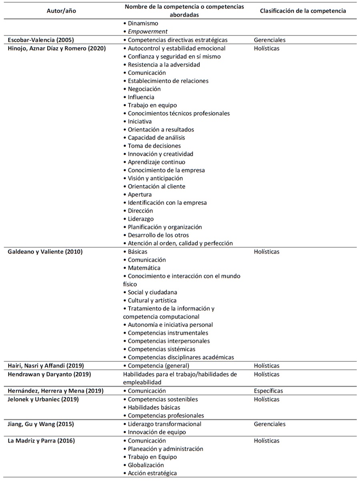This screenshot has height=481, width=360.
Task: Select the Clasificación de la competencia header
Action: tap(303, 11)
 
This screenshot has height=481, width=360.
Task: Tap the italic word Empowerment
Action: tap(147, 32)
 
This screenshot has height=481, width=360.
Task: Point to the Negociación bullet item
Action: tap(144, 89)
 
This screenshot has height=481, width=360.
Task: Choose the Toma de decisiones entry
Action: tap(154, 146)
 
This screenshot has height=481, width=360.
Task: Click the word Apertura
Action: tap(140, 194)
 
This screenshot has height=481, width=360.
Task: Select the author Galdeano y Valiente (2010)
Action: tap(45, 252)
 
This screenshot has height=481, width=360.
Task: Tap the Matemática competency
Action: tap(144, 268)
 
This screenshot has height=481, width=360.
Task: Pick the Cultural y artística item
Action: tap(152, 301)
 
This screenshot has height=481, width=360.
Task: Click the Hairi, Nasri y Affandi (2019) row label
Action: tap(46, 366)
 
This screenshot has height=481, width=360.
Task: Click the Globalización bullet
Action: tap(146, 465)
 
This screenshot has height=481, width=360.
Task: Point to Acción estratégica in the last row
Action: tap(152, 473)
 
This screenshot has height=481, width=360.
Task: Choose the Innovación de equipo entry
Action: tap(157, 432)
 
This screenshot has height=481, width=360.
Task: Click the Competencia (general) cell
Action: tap(158, 366)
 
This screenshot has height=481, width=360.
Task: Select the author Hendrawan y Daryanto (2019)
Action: tap(49, 375)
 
